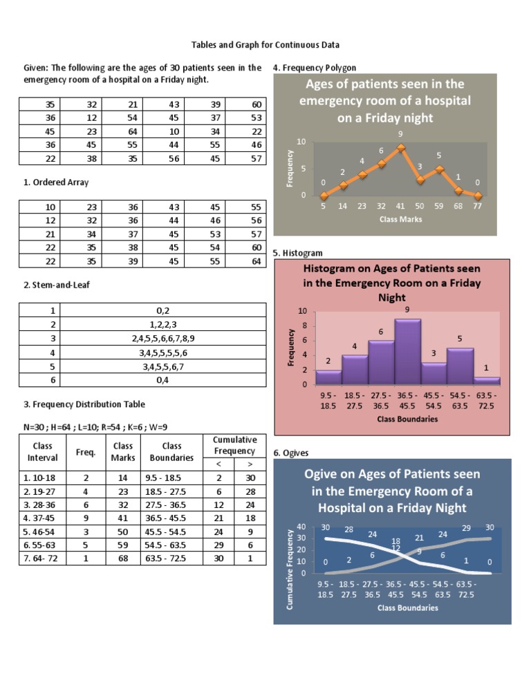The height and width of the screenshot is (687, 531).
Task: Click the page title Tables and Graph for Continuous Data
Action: (x=265, y=45)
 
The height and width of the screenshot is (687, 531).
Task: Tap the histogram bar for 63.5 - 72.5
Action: (x=487, y=380)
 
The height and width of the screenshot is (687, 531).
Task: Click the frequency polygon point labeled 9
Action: (x=401, y=147)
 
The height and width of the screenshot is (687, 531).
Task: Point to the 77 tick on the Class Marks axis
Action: (x=478, y=206)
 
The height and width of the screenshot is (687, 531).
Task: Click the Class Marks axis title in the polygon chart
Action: (x=402, y=219)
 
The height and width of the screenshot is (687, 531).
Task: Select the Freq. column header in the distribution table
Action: (x=85, y=453)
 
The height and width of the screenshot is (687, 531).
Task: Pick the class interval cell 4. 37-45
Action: (x=41, y=518)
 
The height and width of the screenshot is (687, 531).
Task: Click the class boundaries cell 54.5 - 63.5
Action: (x=169, y=545)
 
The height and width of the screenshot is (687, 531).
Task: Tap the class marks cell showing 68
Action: (x=123, y=558)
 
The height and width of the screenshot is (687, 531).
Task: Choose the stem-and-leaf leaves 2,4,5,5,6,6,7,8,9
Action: (x=162, y=339)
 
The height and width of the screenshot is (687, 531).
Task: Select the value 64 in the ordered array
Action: (x=256, y=261)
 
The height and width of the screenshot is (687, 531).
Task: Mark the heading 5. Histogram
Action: (x=297, y=254)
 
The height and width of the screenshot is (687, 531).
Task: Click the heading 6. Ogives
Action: (x=291, y=453)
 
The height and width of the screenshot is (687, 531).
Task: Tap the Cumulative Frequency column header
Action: (x=234, y=445)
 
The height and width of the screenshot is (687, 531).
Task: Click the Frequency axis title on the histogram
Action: (x=291, y=347)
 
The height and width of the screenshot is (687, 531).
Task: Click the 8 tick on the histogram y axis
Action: (x=304, y=326)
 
